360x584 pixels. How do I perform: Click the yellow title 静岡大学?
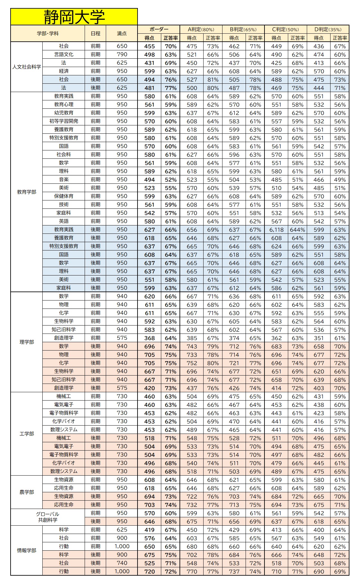pos(74,17)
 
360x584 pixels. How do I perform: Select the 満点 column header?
pos(122,33)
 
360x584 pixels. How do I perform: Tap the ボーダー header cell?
pos(159,29)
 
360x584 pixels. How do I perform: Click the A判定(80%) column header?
pos(201,29)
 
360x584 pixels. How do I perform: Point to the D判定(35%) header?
pos(328,29)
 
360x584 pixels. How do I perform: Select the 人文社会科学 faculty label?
pos(27,67)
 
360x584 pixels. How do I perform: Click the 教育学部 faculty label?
pos(27,192)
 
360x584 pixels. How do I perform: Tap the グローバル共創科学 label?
pos(47,517)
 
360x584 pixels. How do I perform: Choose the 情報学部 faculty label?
pos(27,550)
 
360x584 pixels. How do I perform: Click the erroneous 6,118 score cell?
pos(276,230)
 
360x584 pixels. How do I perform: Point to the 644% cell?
pos(297,230)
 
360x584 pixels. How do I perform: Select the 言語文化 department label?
pos(63,55)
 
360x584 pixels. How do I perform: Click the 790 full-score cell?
pos(122,55)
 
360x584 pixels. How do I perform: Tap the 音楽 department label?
pos(63,180)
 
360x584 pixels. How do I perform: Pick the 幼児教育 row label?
pos(63,113)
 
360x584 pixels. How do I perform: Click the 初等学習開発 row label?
pos(63,121)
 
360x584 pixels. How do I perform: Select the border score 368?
pos(149,338)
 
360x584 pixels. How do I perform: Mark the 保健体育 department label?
pos(63,196)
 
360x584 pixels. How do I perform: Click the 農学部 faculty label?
pos(27,492)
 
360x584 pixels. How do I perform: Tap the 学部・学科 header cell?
pos(47,33)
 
